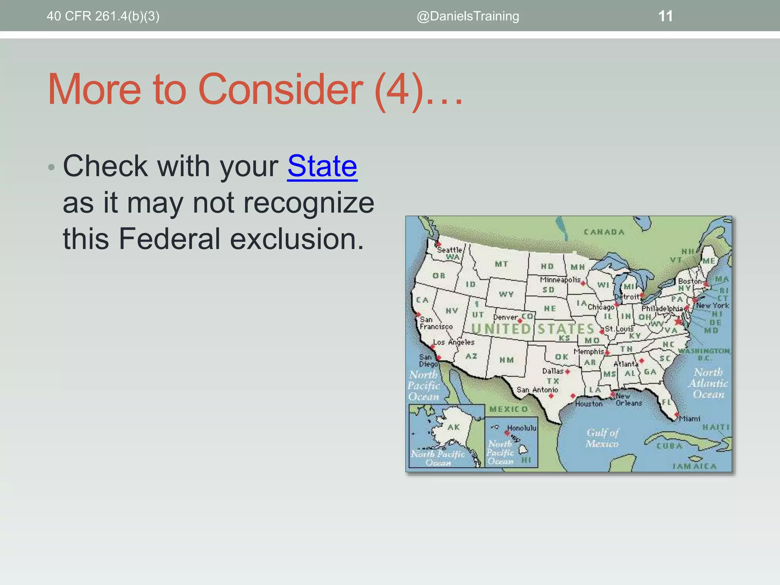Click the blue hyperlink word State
(322, 166)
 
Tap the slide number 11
(665, 16)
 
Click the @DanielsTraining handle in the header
(468, 16)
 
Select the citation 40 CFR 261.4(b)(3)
(103, 16)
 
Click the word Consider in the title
(280, 90)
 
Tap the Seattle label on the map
(449, 250)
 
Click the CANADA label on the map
(604, 232)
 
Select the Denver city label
(505, 317)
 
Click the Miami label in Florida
(690, 419)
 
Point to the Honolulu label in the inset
(521, 428)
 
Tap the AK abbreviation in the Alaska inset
(454, 427)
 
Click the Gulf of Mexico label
(603, 438)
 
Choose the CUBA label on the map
(669, 446)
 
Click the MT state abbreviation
(501, 264)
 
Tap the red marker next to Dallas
(567, 371)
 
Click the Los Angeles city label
(454, 342)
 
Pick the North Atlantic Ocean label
(708, 383)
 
